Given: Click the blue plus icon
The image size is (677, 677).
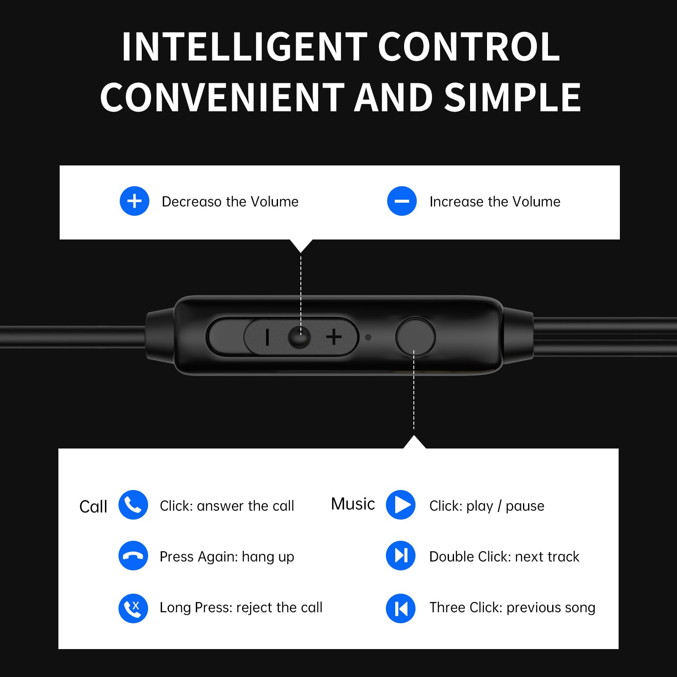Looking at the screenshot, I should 135,201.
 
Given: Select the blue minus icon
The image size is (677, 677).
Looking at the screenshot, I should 402,201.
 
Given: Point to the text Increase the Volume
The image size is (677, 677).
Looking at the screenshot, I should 495,202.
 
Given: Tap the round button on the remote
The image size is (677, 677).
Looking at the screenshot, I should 415,337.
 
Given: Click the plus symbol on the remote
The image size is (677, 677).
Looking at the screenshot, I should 334,337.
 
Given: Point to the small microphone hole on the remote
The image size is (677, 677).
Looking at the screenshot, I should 368,337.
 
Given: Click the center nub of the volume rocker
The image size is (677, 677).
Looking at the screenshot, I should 299,337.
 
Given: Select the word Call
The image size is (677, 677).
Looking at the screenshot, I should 93,506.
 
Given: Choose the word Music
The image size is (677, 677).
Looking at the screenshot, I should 353,504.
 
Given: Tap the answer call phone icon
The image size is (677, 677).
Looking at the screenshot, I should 133,505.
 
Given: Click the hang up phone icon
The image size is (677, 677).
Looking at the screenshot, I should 133,556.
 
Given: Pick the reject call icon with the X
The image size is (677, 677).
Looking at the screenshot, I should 133,608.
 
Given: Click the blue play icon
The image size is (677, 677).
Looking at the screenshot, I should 401,505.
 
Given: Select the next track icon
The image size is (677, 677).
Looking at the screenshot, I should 401,556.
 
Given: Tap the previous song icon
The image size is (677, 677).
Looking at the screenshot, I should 401,608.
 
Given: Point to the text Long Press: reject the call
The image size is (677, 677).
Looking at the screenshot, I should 241,608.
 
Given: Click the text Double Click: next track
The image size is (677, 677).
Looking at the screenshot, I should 504,557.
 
